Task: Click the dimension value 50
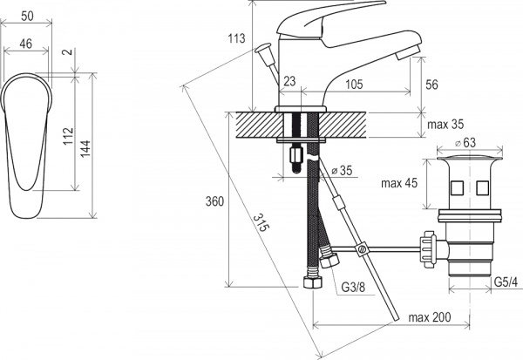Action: (28, 16)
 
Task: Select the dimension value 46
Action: (25, 44)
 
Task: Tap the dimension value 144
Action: (85, 148)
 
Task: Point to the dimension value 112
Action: (68, 136)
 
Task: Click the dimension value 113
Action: (236, 38)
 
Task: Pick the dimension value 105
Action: (354, 84)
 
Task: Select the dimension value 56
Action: (431, 85)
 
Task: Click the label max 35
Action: (445, 125)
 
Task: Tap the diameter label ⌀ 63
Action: (465, 143)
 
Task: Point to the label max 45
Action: (399, 183)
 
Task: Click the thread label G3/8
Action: (353, 287)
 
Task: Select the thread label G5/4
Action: (506, 282)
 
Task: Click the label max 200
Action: (430, 317)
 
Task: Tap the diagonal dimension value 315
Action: (261, 222)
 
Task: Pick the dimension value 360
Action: (214, 201)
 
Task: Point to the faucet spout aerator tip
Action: (407, 52)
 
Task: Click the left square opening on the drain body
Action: (456, 187)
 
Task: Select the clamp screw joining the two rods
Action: (361, 248)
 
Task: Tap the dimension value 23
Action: (289, 81)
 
